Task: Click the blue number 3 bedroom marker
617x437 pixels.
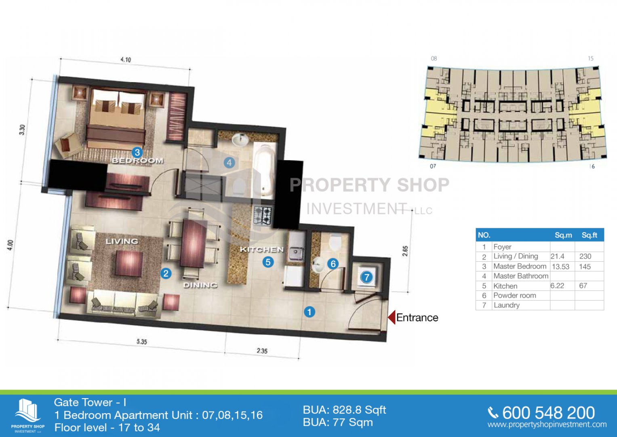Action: (x=137, y=152)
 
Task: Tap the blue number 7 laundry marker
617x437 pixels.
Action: (x=366, y=277)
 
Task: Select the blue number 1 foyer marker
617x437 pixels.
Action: (x=310, y=312)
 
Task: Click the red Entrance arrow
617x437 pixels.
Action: (x=392, y=317)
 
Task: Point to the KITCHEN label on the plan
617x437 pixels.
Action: (x=262, y=250)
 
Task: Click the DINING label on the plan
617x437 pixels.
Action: (x=200, y=285)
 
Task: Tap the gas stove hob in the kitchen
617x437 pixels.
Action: (x=263, y=216)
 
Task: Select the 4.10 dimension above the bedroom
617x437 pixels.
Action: (x=126, y=59)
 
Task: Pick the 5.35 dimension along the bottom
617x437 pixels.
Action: (x=141, y=342)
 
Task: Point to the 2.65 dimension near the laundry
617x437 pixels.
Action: (x=405, y=251)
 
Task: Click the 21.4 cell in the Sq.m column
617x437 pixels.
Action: (x=557, y=256)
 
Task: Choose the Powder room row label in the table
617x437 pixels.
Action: (x=514, y=295)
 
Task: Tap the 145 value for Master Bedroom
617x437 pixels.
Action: (x=585, y=267)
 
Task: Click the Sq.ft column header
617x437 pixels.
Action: (x=589, y=235)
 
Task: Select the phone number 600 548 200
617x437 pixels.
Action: (x=548, y=413)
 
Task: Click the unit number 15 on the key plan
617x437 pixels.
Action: (x=591, y=59)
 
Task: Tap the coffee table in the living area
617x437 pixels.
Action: (x=129, y=263)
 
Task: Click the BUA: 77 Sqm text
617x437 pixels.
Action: (x=338, y=422)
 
